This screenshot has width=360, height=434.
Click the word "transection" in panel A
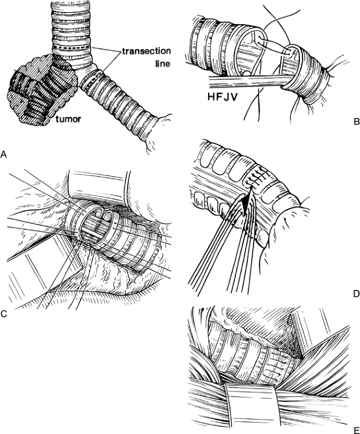tap(146, 52)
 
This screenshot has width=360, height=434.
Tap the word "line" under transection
tap(162, 64)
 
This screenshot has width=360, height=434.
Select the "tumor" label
tap(68, 119)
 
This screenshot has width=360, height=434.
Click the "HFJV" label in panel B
tap(223, 97)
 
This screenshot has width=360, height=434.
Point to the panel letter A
tap(4, 154)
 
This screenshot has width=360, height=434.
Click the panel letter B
tap(356, 121)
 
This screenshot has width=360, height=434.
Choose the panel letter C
tap(4, 314)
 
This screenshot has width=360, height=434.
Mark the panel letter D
tap(356, 294)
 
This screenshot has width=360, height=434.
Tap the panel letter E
tap(356, 430)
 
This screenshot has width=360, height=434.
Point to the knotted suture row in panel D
tap(256, 177)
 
